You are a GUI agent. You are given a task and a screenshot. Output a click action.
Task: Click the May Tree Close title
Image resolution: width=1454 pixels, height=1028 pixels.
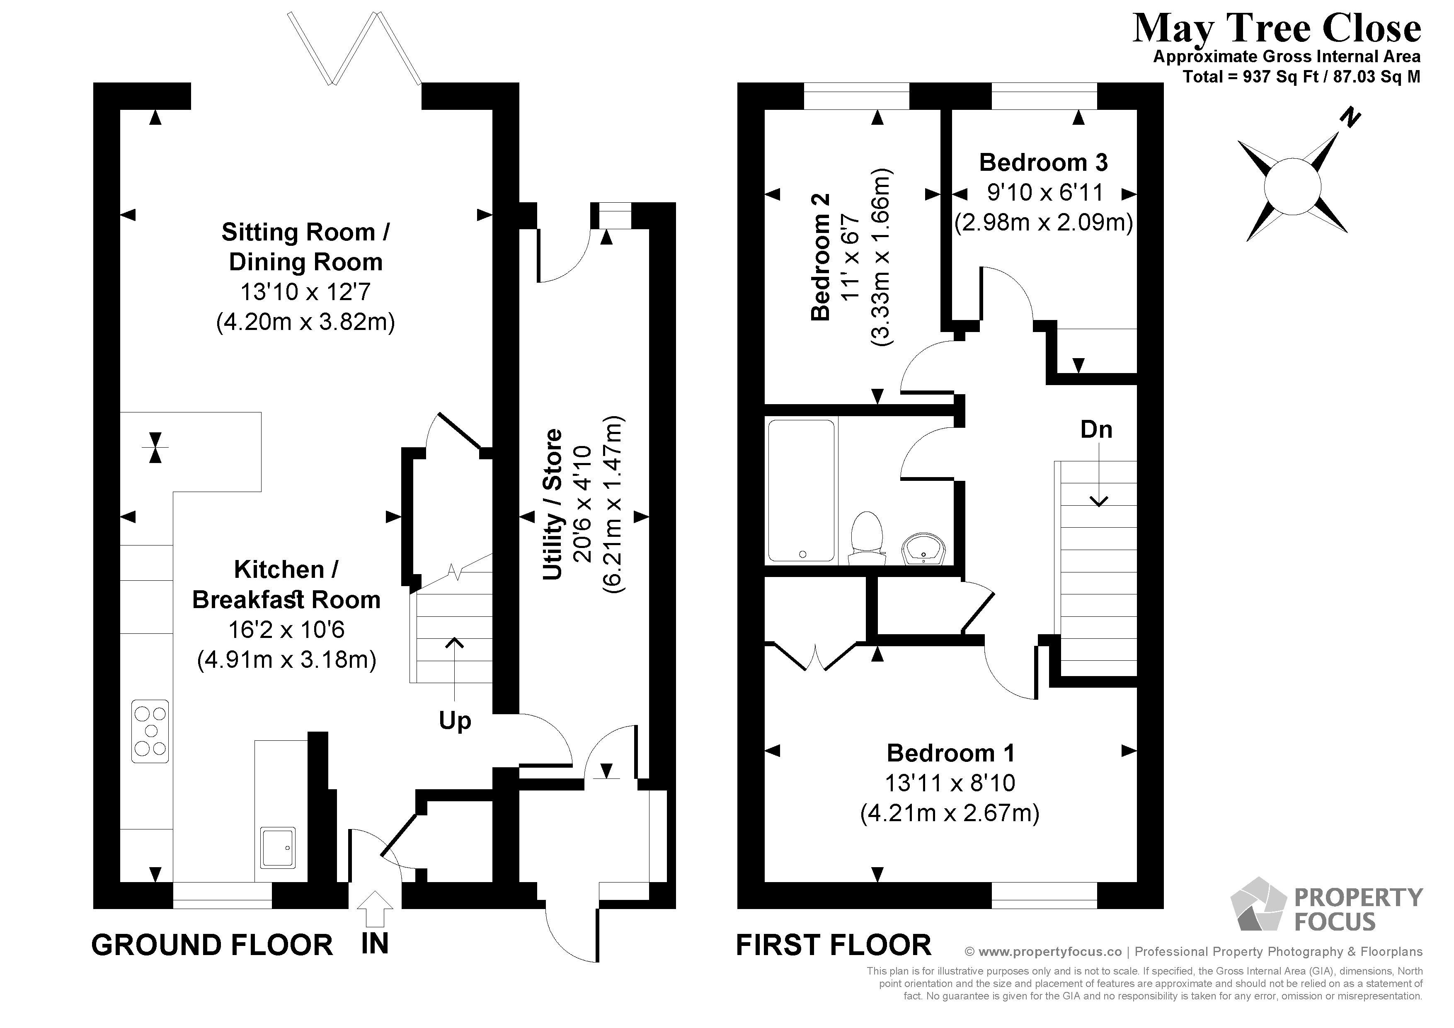(1276, 29)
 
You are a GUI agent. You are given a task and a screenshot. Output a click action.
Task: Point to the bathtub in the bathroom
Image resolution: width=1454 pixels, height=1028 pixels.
(801, 491)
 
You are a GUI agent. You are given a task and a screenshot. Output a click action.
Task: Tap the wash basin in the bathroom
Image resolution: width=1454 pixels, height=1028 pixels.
(923, 548)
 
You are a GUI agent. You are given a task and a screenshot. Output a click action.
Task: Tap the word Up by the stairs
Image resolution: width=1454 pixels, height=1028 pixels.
(455, 721)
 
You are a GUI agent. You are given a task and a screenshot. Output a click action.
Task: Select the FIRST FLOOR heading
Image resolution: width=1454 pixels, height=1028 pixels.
(834, 945)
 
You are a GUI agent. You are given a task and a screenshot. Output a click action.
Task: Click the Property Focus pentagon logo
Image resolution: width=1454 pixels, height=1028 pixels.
(1257, 904)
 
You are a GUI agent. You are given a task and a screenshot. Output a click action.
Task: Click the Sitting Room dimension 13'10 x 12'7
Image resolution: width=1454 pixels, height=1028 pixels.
(305, 292)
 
